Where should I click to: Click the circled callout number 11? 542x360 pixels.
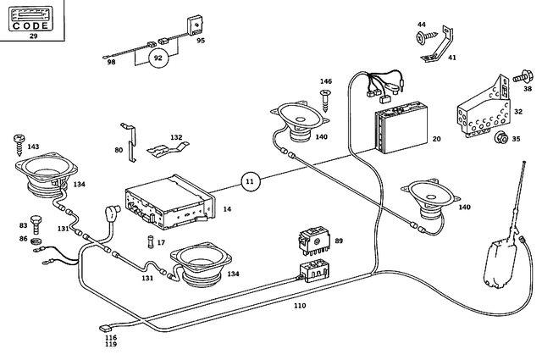[x=249, y=180]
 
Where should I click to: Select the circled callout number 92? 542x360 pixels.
[x=157, y=58]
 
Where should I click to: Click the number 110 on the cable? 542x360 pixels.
[x=300, y=305]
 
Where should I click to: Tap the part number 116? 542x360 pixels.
[x=111, y=337]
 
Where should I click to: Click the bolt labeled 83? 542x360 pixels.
[x=36, y=224]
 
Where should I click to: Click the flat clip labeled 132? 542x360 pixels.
[x=166, y=149]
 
